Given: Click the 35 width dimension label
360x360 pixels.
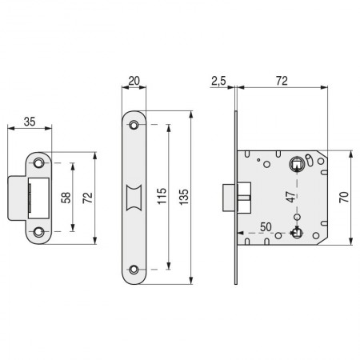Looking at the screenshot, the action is click(x=30, y=122).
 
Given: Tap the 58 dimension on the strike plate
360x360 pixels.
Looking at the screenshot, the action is click(x=66, y=198).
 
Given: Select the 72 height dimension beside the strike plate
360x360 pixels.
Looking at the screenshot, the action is click(x=87, y=198).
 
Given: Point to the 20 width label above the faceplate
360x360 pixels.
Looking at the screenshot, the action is click(x=134, y=81).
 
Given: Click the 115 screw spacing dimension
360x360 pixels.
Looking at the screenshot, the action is click(x=162, y=196).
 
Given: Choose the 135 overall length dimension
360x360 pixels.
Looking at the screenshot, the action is click(x=184, y=197).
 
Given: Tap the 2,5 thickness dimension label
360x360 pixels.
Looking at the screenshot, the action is click(x=218, y=81).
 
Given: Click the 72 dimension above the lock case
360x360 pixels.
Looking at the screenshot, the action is click(x=282, y=81).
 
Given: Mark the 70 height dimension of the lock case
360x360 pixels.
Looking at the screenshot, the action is click(x=344, y=197).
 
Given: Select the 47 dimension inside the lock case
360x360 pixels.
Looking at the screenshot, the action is click(x=291, y=197).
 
